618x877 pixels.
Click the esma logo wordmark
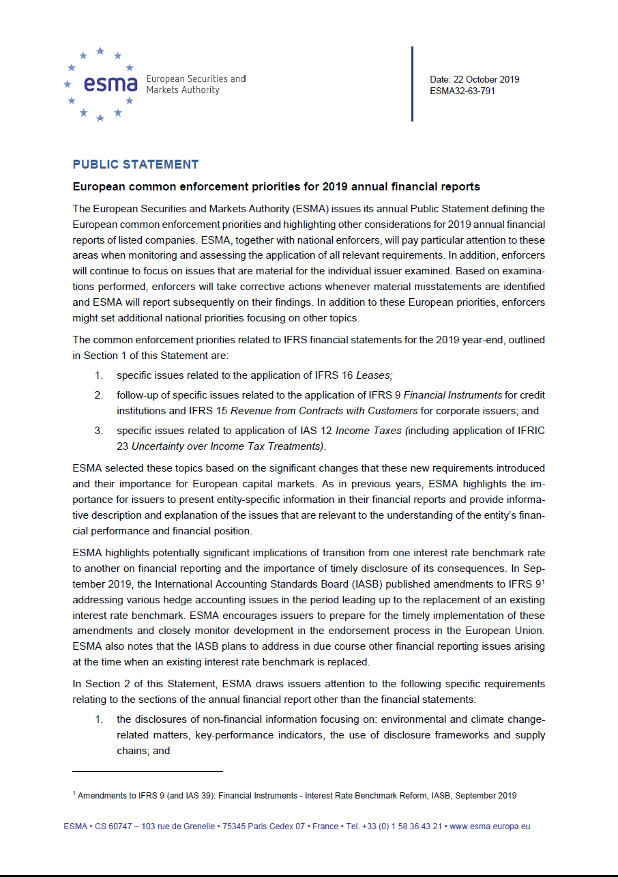[x=111, y=84]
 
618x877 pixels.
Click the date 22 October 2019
[x=474, y=79]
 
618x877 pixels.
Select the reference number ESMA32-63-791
[x=462, y=91]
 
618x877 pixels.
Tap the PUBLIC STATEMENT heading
[x=136, y=164]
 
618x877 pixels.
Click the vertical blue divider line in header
[x=412, y=84]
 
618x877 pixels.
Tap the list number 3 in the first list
[x=98, y=431]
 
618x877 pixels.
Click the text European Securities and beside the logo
[x=196, y=79]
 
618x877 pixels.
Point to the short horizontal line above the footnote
[x=147, y=771]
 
